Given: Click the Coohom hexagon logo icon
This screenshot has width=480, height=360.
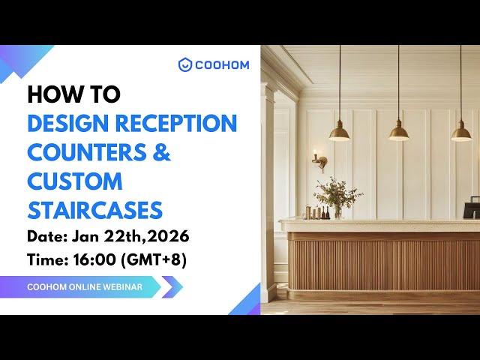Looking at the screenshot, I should tap(185, 64).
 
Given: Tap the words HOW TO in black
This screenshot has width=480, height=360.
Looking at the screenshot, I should tap(73, 94).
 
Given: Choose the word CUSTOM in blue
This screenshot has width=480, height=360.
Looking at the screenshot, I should tap(75, 181).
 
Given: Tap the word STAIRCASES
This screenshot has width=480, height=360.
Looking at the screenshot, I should tap(94, 209).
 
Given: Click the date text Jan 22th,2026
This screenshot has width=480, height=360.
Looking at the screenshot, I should tap(130, 237).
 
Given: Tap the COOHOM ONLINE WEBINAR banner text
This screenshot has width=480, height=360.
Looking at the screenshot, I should tap(84, 286).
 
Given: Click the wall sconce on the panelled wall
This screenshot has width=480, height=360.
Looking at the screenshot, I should tap(319, 160).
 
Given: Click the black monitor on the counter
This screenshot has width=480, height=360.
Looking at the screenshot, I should tap(472, 206).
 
